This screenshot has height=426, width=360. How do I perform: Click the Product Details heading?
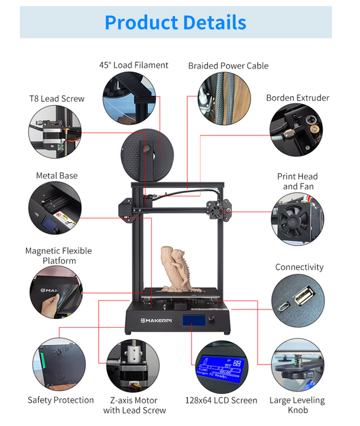coord(175,22)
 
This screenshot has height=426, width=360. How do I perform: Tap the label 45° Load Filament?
coord(134,65)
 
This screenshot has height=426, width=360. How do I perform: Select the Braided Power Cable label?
coord(228,66)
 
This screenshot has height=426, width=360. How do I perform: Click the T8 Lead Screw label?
coord(57,99)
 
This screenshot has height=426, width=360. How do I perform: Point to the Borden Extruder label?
coord(297,98)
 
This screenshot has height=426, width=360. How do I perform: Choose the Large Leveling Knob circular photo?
coord(297,364)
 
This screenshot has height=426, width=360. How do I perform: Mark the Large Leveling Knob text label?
coord(297,405)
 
